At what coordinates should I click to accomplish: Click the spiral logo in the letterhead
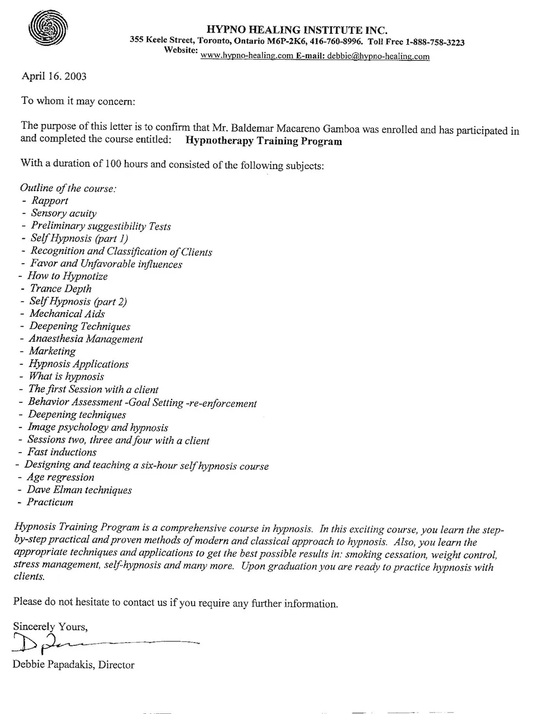click(49, 28)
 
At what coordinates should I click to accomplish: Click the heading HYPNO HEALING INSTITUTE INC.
click(297, 29)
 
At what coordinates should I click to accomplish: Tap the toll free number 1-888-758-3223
click(434, 42)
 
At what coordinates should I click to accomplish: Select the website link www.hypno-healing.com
click(247, 56)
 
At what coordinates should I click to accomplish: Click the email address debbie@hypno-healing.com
click(378, 56)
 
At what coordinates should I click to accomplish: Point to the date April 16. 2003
click(54, 76)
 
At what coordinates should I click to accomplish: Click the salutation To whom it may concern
click(78, 101)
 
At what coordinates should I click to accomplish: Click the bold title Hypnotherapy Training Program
click(264, 141)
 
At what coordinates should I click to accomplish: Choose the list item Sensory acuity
click(63, 214)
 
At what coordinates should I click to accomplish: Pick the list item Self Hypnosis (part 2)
click(78, 302)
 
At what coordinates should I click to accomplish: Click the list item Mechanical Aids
click(67, 314)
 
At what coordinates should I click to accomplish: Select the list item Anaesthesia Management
click(86, 339)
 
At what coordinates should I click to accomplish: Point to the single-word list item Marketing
click(52, 351)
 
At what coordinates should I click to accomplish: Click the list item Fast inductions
click(62, 452)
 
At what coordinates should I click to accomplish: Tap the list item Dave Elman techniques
click(79, 490)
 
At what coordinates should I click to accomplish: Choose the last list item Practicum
click(50, 503)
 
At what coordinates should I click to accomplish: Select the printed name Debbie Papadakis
click(53, 665)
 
